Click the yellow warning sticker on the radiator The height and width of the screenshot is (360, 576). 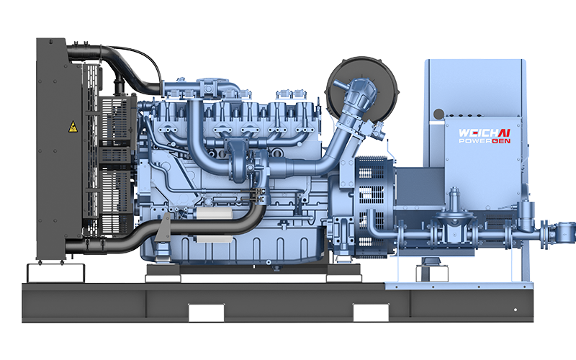pos(73,127)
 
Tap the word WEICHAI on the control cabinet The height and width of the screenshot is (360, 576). pos(485,133)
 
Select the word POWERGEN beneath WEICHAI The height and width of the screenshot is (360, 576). pos(485,141)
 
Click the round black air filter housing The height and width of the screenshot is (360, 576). pos(362,89)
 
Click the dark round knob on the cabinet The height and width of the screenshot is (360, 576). pos(438,114)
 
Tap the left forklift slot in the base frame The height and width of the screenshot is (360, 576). pos(206,312)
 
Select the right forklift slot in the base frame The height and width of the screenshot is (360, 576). pos(371,312)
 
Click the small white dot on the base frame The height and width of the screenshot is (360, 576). pos(516,310)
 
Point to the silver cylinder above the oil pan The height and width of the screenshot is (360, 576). pos(214,212)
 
